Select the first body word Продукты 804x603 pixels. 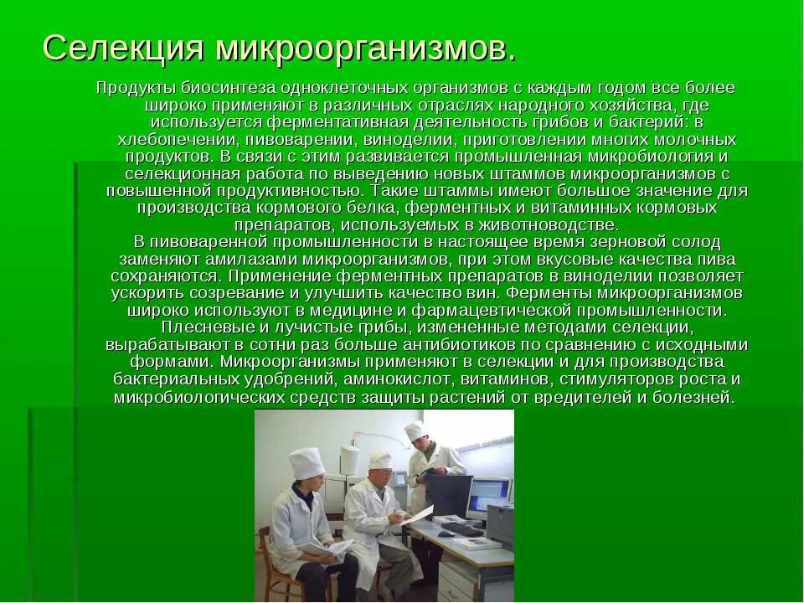pos(131,88)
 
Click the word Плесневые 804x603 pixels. pos(201,327)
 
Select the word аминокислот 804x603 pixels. pos(398,379)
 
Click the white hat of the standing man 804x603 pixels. pos(414,431)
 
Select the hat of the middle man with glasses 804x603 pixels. pos(379,459)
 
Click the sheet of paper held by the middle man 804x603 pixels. pos(416,514)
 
